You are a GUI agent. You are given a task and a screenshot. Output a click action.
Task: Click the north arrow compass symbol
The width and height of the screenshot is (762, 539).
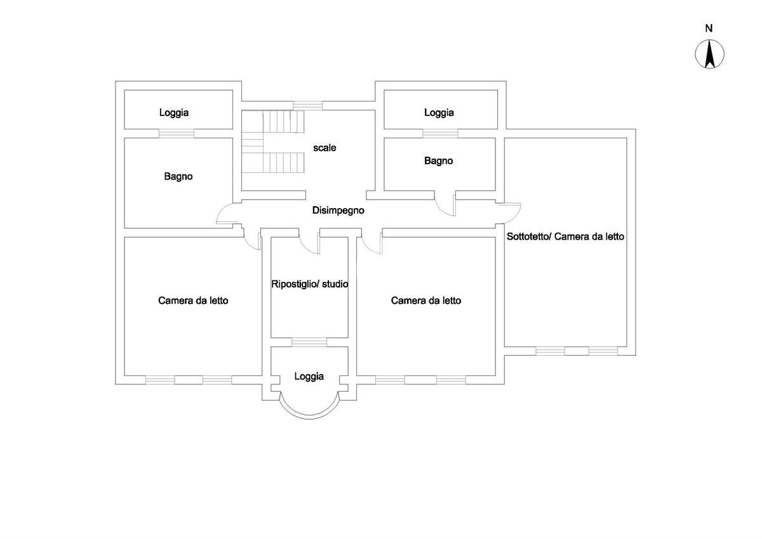tap(710, 54)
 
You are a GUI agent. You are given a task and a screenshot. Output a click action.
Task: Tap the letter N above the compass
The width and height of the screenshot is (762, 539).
tap(709, 28)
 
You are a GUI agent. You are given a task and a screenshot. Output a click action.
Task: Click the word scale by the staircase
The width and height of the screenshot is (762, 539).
tap(324, 148)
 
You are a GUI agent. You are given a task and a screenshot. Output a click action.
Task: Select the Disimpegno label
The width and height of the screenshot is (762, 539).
tap(338, 211)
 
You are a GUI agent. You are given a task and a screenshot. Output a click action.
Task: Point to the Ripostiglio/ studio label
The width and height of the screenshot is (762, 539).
tap(309, 284)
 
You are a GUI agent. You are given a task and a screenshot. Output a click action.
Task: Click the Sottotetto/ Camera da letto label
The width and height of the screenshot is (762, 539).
tap(566, 237)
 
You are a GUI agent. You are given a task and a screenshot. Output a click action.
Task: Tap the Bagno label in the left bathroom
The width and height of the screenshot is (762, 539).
tap(178, 177)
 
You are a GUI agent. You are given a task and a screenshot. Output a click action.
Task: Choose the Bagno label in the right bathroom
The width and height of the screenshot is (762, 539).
tap(439, 161)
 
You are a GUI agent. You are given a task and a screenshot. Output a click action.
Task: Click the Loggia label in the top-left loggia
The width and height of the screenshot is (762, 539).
tap(174, 113)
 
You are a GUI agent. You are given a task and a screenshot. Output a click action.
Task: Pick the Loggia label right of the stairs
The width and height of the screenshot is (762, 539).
tap(439, 113)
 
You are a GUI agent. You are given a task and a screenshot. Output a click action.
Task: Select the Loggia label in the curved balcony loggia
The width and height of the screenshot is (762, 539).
tap(309, 376)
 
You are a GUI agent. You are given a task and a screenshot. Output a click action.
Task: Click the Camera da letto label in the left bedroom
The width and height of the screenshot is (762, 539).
tap(193, 301)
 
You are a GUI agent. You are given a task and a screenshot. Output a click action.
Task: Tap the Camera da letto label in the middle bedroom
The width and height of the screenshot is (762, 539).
tap(426, 301)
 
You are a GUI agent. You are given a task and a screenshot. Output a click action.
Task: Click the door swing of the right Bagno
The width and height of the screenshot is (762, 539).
tap(446, 204)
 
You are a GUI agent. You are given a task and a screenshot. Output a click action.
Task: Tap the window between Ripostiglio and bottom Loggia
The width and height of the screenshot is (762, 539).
tap(309, 342)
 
